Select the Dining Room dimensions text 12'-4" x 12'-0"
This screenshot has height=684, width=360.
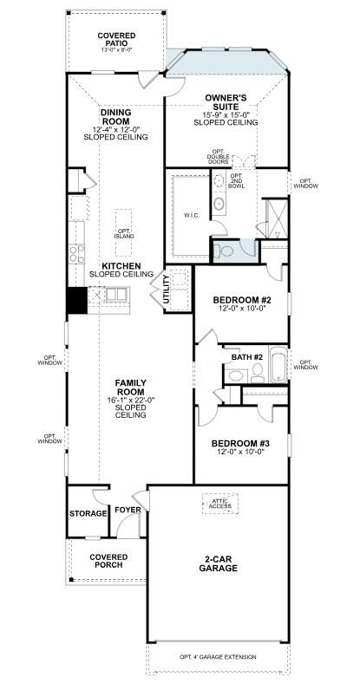115,128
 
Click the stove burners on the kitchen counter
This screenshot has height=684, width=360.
77,253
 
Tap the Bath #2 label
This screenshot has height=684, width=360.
246,356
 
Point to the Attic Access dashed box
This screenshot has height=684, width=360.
219,502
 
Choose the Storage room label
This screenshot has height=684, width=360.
88,513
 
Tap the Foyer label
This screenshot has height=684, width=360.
128,510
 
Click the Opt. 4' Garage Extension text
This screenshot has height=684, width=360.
218,657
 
